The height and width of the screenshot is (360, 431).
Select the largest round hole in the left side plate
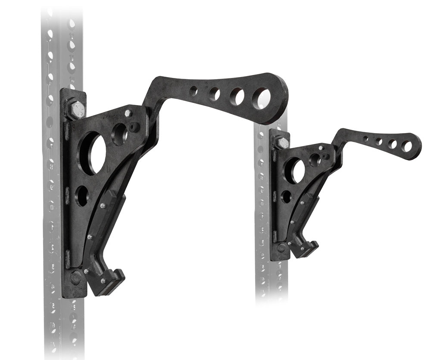93,153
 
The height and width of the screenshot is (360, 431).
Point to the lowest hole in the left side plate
82,196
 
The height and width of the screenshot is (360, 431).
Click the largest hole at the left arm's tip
261,99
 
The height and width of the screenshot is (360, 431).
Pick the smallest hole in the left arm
194,91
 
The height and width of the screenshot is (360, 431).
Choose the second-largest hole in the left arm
237,96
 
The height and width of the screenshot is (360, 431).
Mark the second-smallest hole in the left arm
214,94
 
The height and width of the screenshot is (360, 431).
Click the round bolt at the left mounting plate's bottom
76,277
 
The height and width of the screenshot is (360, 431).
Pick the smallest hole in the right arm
365,139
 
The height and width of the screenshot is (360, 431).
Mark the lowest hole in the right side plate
286,197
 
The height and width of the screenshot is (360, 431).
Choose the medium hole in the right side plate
315,160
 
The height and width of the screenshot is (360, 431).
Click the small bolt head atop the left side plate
128,114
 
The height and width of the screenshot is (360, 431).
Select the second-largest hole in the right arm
392,144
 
